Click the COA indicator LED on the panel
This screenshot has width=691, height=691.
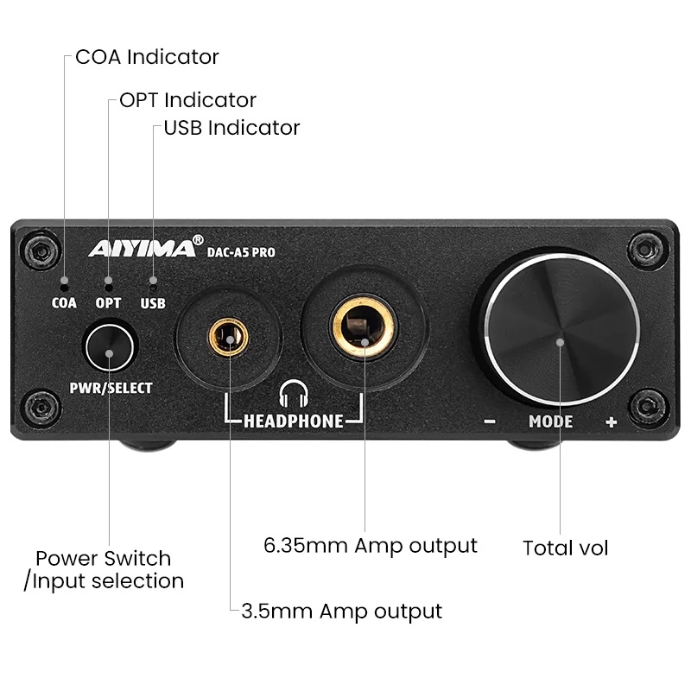[64, 281]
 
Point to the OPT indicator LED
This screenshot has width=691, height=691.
[108, 281]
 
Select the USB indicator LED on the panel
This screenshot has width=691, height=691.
[153, 281]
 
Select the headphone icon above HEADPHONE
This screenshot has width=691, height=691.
[294, 396]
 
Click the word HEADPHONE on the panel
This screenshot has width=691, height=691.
[294, 422]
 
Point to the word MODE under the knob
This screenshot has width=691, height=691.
[550, 422]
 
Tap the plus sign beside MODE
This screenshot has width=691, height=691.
[611, 422]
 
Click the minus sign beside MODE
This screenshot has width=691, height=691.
[490, 422]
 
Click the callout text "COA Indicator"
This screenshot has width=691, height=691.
[147, 58]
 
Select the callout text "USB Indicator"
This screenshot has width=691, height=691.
[231, 128]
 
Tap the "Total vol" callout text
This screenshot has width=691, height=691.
[566, 548]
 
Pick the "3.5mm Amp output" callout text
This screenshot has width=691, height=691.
[341, 612]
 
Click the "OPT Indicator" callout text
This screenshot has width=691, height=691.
[187, 100]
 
